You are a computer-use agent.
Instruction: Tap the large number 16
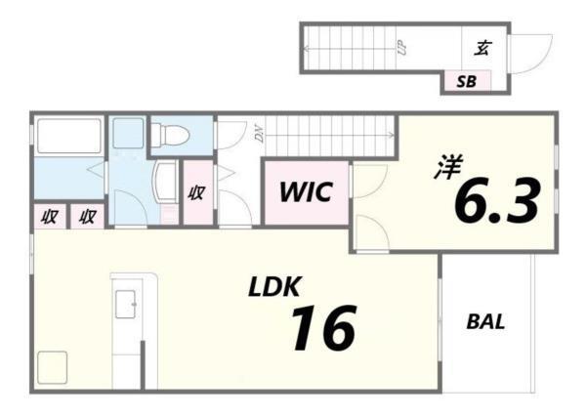click(x=321, y=328)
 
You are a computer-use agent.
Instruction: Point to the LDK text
click(x=275, y=287)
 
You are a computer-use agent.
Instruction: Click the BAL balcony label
click(x=485, y=321)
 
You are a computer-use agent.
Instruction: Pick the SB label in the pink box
click(x=467, y=82)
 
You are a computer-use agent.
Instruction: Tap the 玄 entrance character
click(x=481, y=47)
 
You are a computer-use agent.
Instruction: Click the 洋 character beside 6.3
click(x=447, y=168)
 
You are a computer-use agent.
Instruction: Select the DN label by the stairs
click(x=260, y=136)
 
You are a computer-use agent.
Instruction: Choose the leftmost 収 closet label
click(x=47, y=216)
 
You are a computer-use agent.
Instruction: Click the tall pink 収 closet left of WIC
click(x=196, y=192)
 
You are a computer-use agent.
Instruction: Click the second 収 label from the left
click(x=87, y=216)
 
